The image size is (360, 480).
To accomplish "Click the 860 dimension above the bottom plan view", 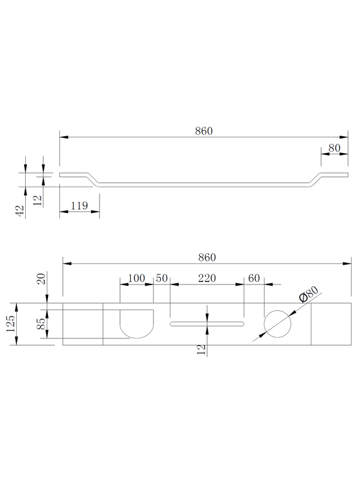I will tap(206, 257).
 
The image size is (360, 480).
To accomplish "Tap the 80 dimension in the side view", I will tap(334, 148).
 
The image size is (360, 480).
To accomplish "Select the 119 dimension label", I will tap(80, 206).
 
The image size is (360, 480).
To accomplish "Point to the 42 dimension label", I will tap(20, 210).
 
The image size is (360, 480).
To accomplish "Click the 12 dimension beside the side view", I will tap(38, 199).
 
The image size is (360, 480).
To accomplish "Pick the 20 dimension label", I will tap(41, 278).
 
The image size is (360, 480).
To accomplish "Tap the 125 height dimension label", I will tap(10, 324).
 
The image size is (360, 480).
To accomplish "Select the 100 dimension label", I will tap(137, 278).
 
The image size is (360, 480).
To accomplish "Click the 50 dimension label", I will tap(162, 278).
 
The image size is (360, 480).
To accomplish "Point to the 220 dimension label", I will tap(207, 278).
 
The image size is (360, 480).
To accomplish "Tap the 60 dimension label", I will tap(253, 278).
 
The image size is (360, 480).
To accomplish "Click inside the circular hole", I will tap(277, 325).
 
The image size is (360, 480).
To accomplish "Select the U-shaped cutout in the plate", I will tap(137, 324).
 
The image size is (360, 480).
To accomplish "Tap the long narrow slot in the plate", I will tap(207, 324).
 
